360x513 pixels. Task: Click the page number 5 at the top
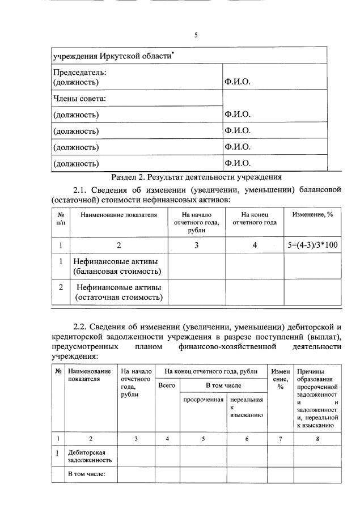[x=196, y=35]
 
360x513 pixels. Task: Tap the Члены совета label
[x=79, y=99]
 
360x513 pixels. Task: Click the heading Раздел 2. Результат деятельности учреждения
[x=197, y=177]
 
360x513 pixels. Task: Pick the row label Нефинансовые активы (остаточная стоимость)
[x=119, y=292]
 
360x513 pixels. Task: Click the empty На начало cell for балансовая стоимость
[x=197, y=266]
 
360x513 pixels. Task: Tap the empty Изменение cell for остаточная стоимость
[x=312, y=292]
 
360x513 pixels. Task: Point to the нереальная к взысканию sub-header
[x=247, y=406]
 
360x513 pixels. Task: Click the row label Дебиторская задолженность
[x=90, y=456]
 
